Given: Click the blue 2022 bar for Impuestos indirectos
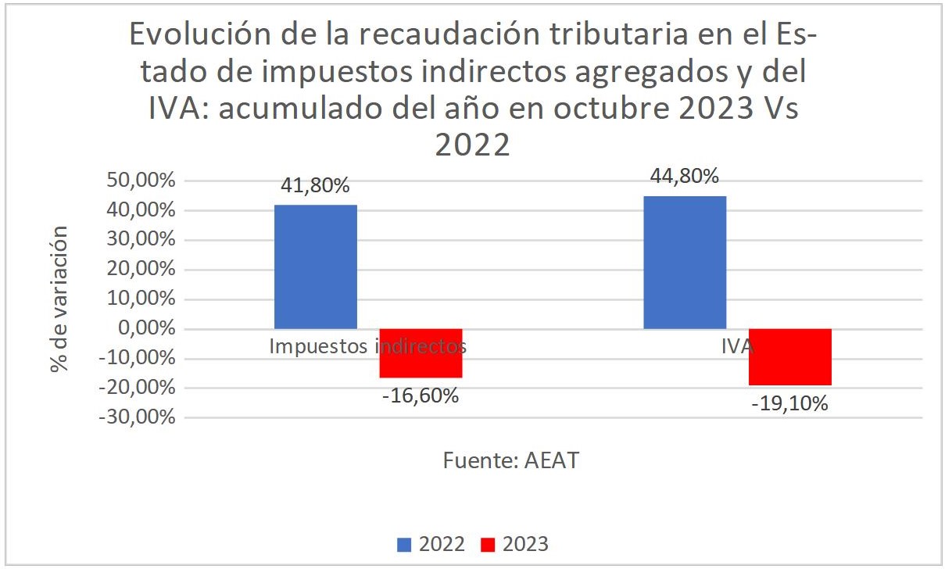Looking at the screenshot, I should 316,267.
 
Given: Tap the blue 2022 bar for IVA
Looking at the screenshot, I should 685,262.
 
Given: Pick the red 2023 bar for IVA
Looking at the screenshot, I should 789,357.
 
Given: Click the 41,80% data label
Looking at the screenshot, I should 316,187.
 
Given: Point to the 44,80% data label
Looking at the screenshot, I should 685,177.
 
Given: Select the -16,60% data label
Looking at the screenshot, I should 421,396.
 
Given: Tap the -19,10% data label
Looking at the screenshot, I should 790,405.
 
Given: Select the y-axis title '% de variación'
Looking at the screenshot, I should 59,299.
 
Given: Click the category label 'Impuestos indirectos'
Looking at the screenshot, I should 367,347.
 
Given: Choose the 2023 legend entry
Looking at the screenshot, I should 514,544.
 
